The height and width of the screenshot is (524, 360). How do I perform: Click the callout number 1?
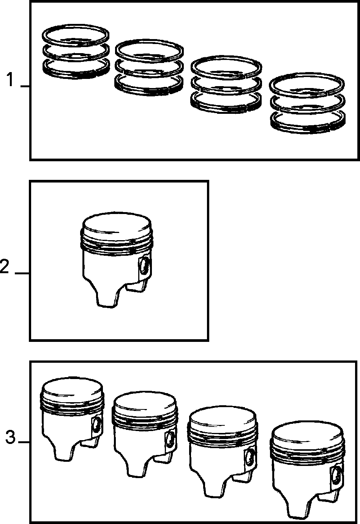pyautogui.click(x=9, y=80)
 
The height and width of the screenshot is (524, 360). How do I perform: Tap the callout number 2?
pyautogui.click(x=5, y=267)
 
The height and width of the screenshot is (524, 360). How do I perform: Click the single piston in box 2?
pyautogui.click(x=117, y=260)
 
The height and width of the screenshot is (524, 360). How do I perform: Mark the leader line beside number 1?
pyautogui.click(x=25, y=87)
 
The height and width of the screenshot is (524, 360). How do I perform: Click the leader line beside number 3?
pyautogui.click(x=24, y=442)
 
